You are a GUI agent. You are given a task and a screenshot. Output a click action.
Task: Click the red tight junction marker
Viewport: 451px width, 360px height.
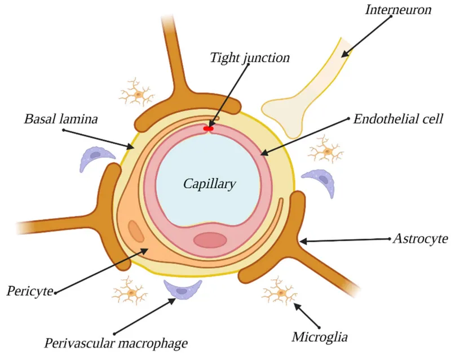tap(209, 129)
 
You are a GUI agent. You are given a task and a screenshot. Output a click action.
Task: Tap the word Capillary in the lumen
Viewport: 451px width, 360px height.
tap(210, 184)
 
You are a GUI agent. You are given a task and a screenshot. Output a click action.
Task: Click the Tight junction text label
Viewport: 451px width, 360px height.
tap(250, 57)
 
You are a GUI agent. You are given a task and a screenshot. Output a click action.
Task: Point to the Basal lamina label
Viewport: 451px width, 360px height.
tap(61, 119)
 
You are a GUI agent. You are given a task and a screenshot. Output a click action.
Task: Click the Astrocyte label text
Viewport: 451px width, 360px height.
tap(421, 239)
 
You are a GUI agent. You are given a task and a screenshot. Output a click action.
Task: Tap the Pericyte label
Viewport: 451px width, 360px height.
tap(30, 291)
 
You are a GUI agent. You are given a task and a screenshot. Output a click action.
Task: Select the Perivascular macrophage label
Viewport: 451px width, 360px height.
tap(116, 342)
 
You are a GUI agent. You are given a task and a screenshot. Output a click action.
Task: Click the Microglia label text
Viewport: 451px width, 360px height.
tap(320, 337)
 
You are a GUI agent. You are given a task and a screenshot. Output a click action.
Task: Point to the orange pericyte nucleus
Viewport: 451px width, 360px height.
tap(136, 231)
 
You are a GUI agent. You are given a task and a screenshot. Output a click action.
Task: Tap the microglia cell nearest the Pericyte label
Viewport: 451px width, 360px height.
tap(131, 292)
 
